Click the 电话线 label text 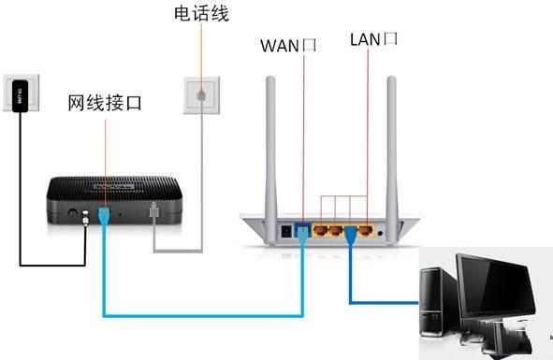[x=201, y=14]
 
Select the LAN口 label [x=373, y=38]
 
